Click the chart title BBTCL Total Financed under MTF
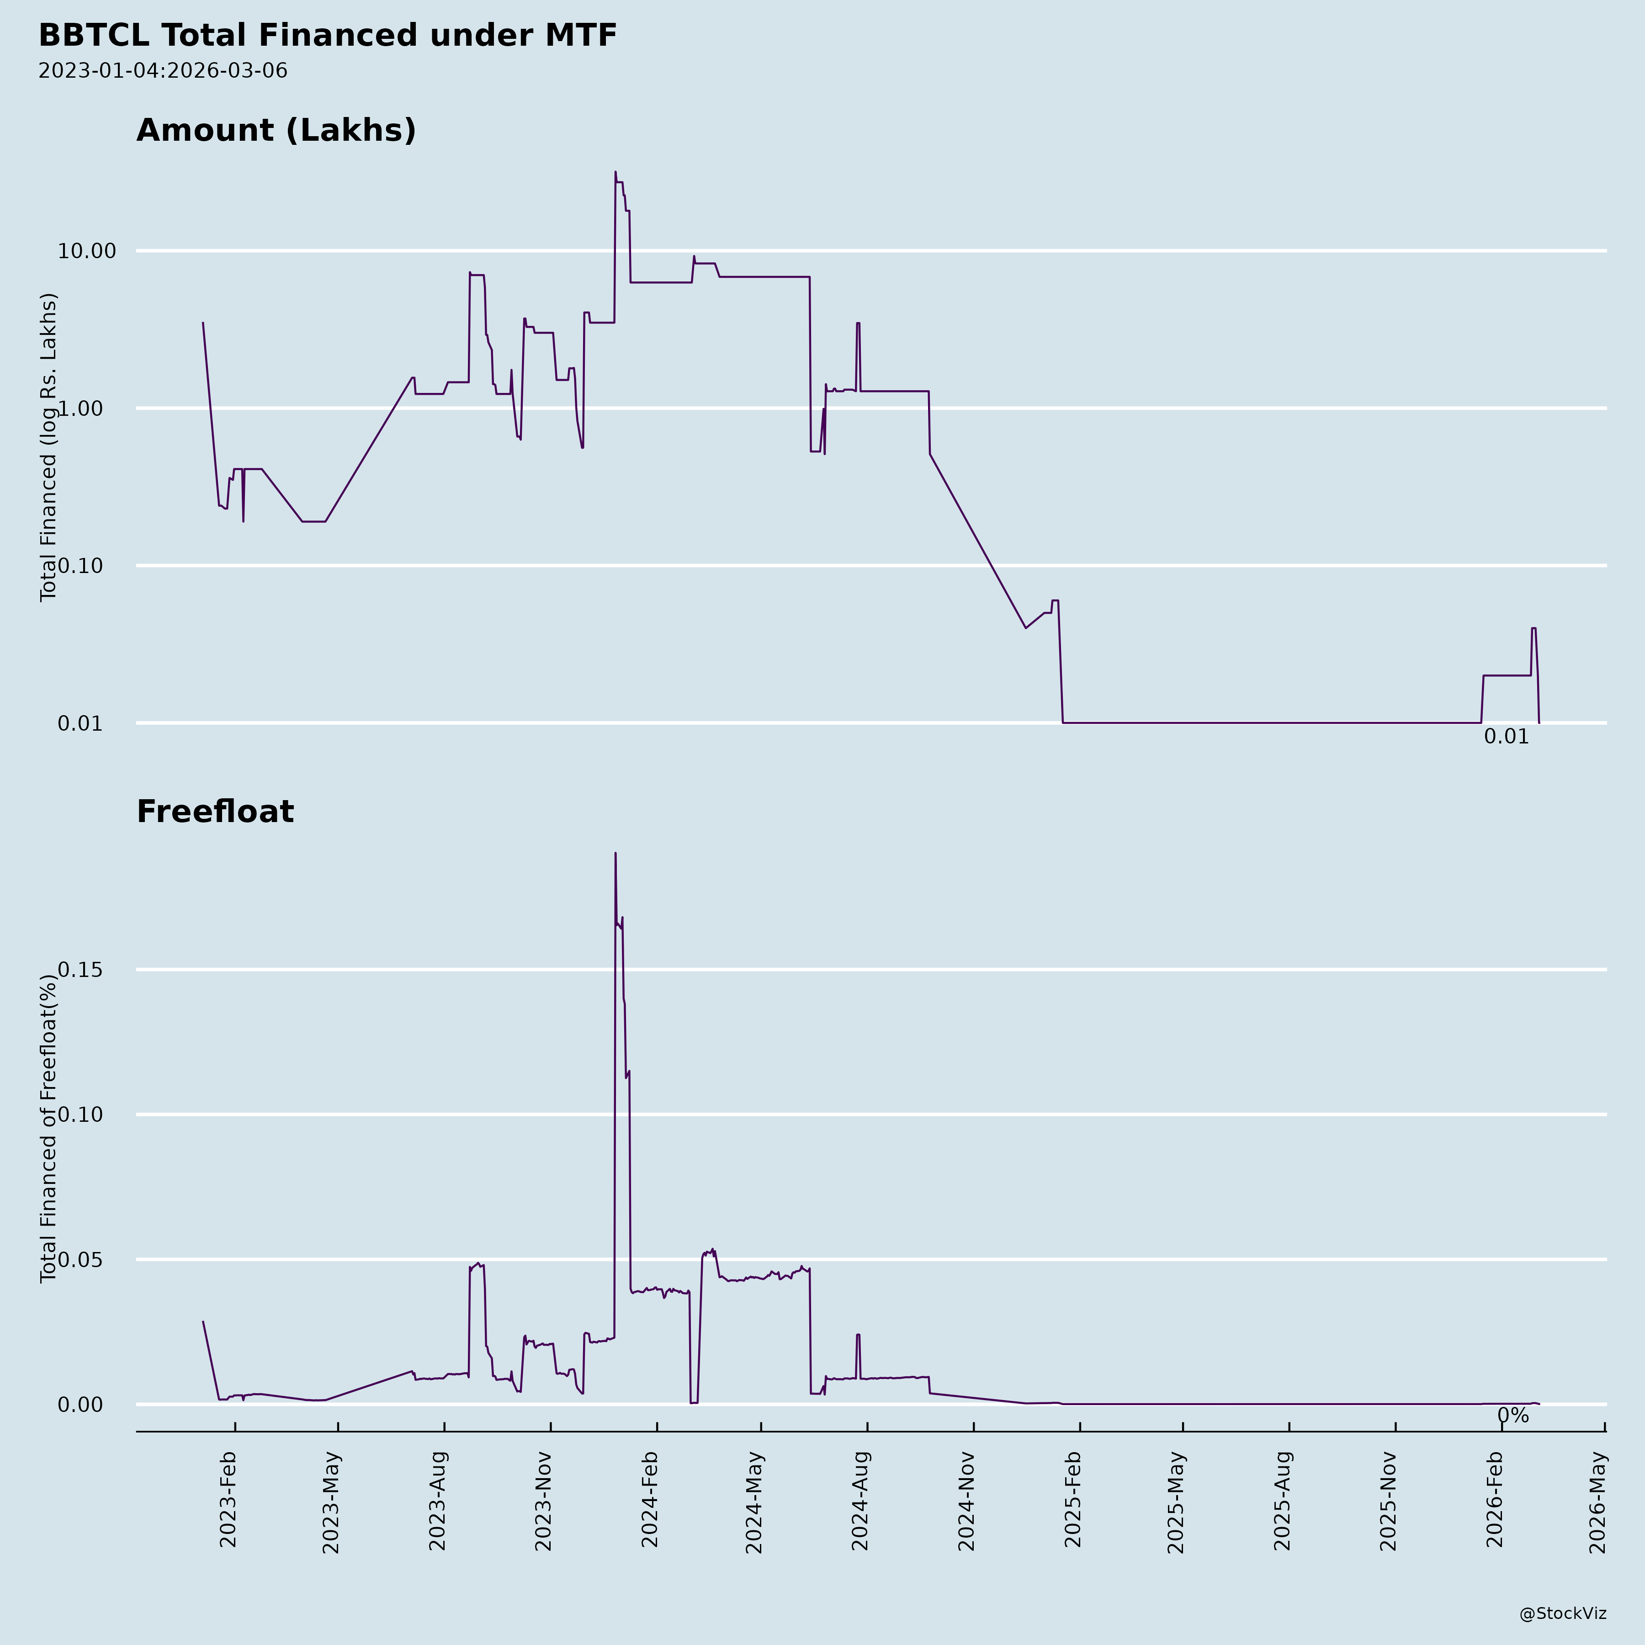coord(328,36)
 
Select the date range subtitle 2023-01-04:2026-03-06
coord(163,71)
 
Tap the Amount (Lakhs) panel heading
coord(276,130)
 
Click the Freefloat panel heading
coord(215,812)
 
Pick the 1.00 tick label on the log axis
coord(92,409)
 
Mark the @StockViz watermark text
coord(1563,1613)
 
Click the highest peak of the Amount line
coord(616,171)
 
